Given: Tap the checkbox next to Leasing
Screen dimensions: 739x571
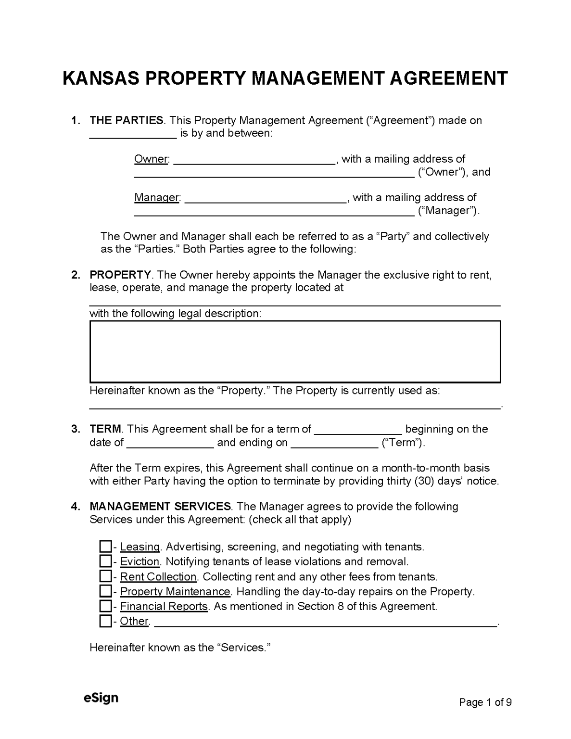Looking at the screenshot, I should [105, 547].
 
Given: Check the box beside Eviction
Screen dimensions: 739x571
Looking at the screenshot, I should [105, 561].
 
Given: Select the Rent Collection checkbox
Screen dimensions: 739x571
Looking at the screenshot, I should [105, 576].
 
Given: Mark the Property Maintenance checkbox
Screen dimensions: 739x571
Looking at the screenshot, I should [105, 591].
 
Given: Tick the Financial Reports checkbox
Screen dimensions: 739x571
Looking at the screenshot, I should [105, 606].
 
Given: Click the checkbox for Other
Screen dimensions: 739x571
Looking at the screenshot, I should [105, 621].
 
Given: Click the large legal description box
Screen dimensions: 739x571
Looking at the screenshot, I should [295, 352].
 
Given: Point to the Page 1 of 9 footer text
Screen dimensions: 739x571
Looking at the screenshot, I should [485, 702].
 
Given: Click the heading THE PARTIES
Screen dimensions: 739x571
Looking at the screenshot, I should [127, 120].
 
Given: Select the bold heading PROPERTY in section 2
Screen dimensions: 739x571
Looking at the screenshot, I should [120, 275].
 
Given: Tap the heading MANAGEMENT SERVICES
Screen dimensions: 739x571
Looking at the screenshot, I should [160, 507].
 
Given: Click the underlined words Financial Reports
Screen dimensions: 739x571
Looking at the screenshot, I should [164, 607].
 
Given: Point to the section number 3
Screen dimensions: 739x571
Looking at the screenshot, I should [75, 429].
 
